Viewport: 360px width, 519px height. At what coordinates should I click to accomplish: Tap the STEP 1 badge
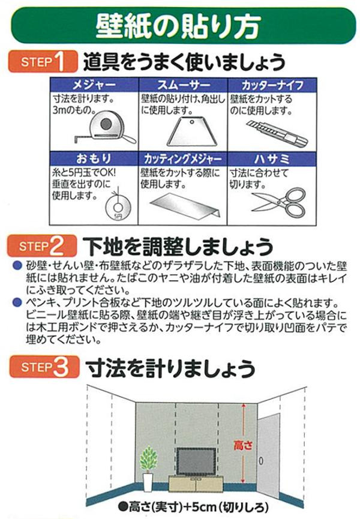tap(42, 62)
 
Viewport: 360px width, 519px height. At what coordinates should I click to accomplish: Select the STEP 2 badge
tap(42, 245)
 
